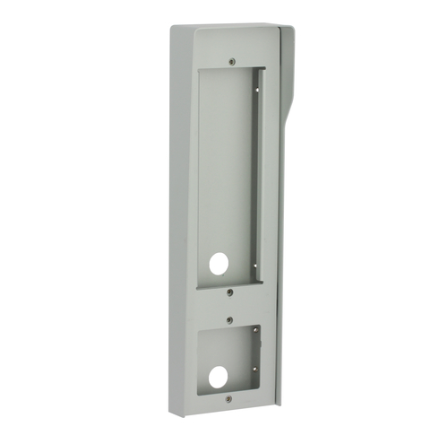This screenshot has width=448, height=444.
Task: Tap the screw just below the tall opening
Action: click(x=231, y=292)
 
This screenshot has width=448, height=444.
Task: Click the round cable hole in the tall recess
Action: click(x=218, y=264)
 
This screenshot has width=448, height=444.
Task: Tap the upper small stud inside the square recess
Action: click(x=254, y=334)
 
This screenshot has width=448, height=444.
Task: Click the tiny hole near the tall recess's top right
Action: click(x=259, y=88)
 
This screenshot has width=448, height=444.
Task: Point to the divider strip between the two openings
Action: click(x=228, y=305)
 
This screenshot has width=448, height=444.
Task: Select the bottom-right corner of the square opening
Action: click(x=259, y=387)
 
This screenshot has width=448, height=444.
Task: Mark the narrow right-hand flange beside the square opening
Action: click(x=269, y=359)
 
